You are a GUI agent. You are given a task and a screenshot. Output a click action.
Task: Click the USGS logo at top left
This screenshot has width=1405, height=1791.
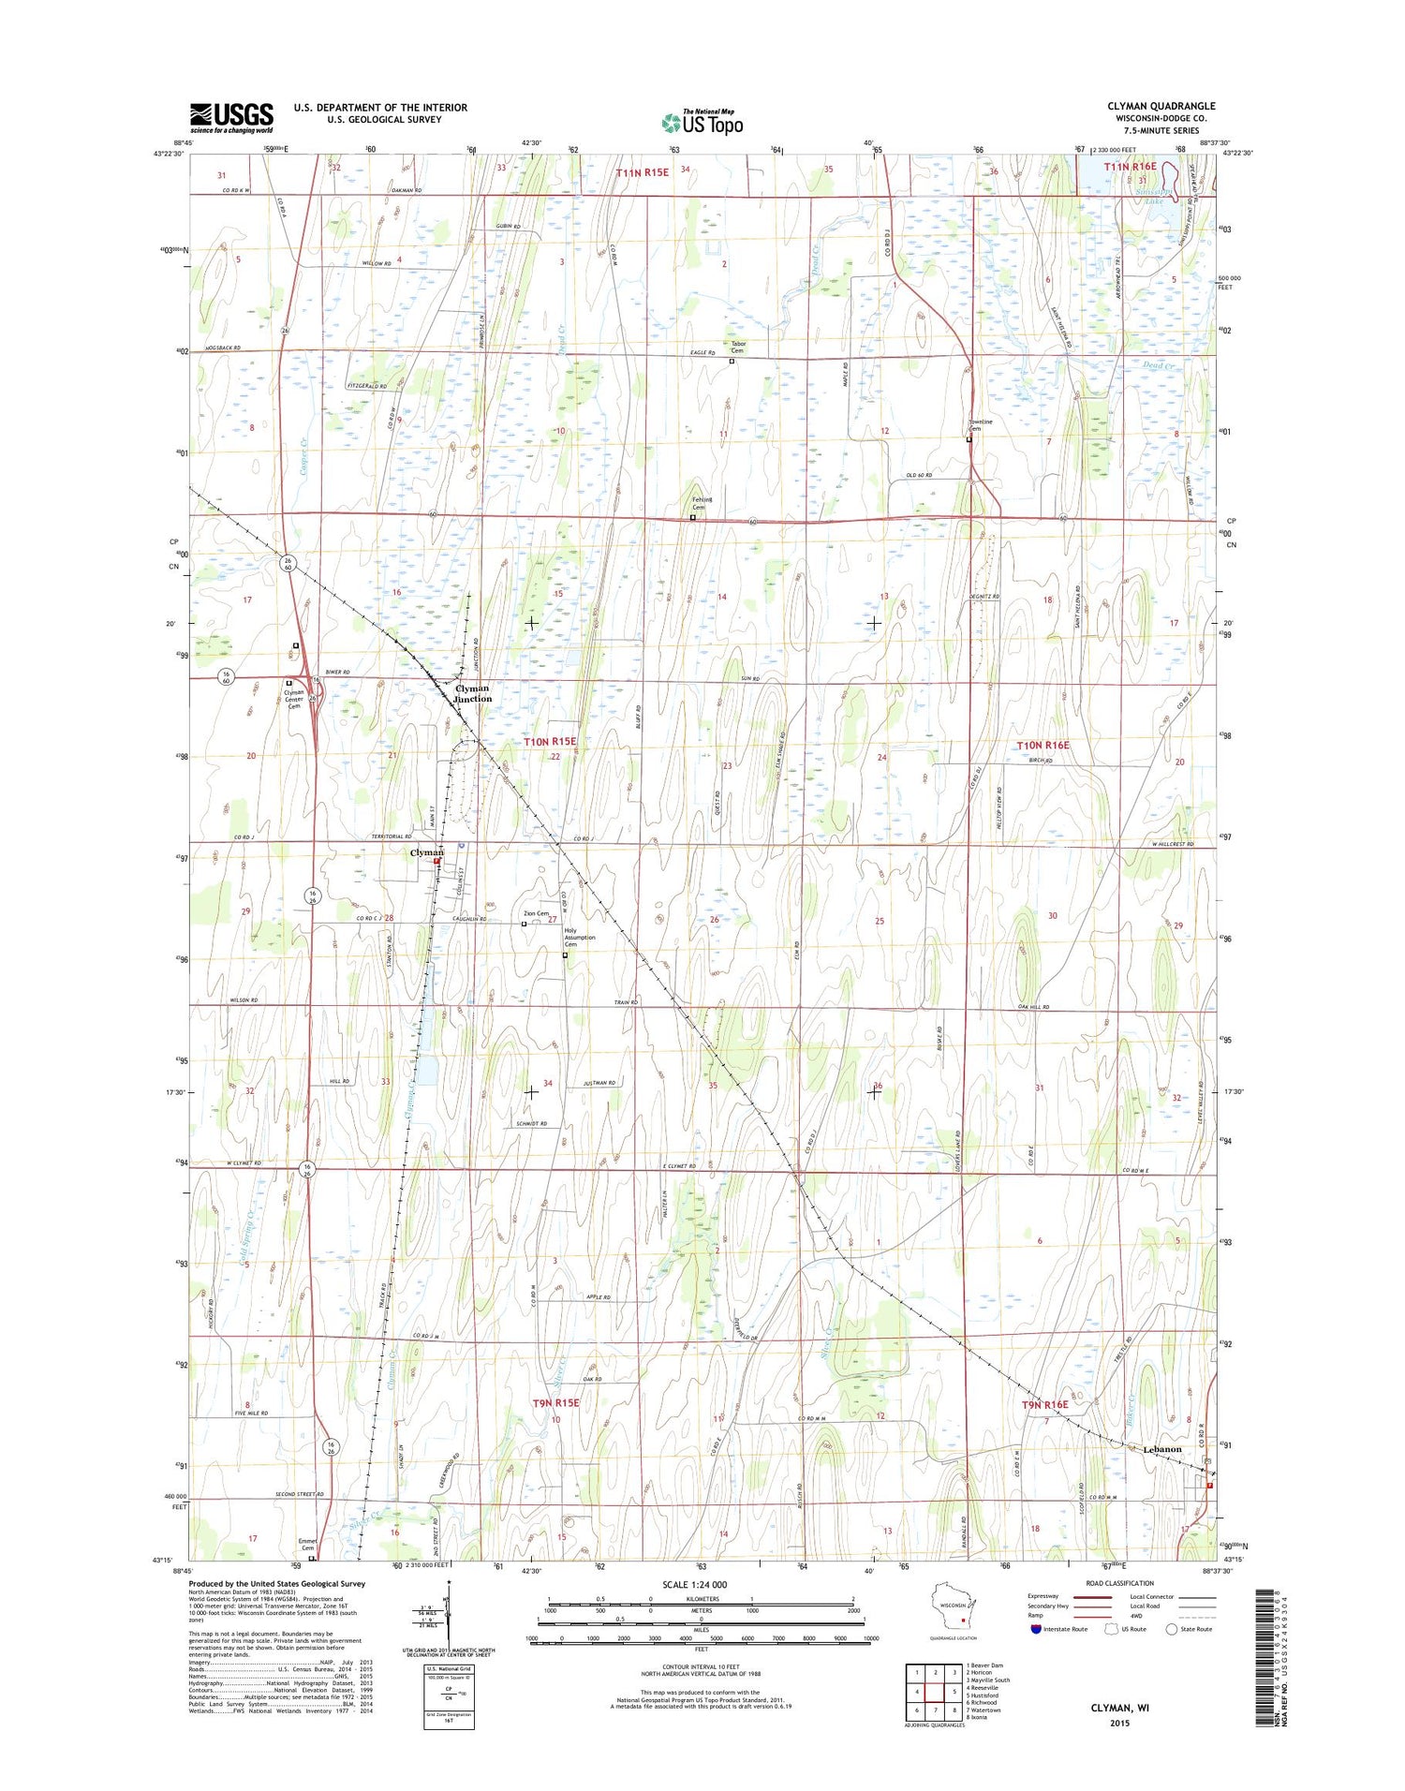[x=231, y=118]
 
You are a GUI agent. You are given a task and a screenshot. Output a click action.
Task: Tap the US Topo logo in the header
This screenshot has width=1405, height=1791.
[x=702, y=122]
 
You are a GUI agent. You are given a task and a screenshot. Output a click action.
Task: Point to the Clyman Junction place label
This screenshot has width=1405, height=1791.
[x=472, y=693]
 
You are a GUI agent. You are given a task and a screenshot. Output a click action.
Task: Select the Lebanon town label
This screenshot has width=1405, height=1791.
[x=1161, y=1449]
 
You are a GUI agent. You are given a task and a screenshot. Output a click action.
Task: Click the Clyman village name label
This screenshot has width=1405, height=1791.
[x=426, y=852]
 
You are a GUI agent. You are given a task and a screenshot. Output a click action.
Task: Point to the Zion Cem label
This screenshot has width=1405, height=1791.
[x=536, y=913]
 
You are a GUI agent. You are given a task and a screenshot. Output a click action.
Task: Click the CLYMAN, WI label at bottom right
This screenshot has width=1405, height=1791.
[x=1120, y=1708]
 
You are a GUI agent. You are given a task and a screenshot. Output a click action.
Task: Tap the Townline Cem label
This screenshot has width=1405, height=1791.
[x=981, y=425]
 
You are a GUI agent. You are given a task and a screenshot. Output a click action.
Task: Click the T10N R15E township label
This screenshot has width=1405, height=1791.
[x=550, y=742]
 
